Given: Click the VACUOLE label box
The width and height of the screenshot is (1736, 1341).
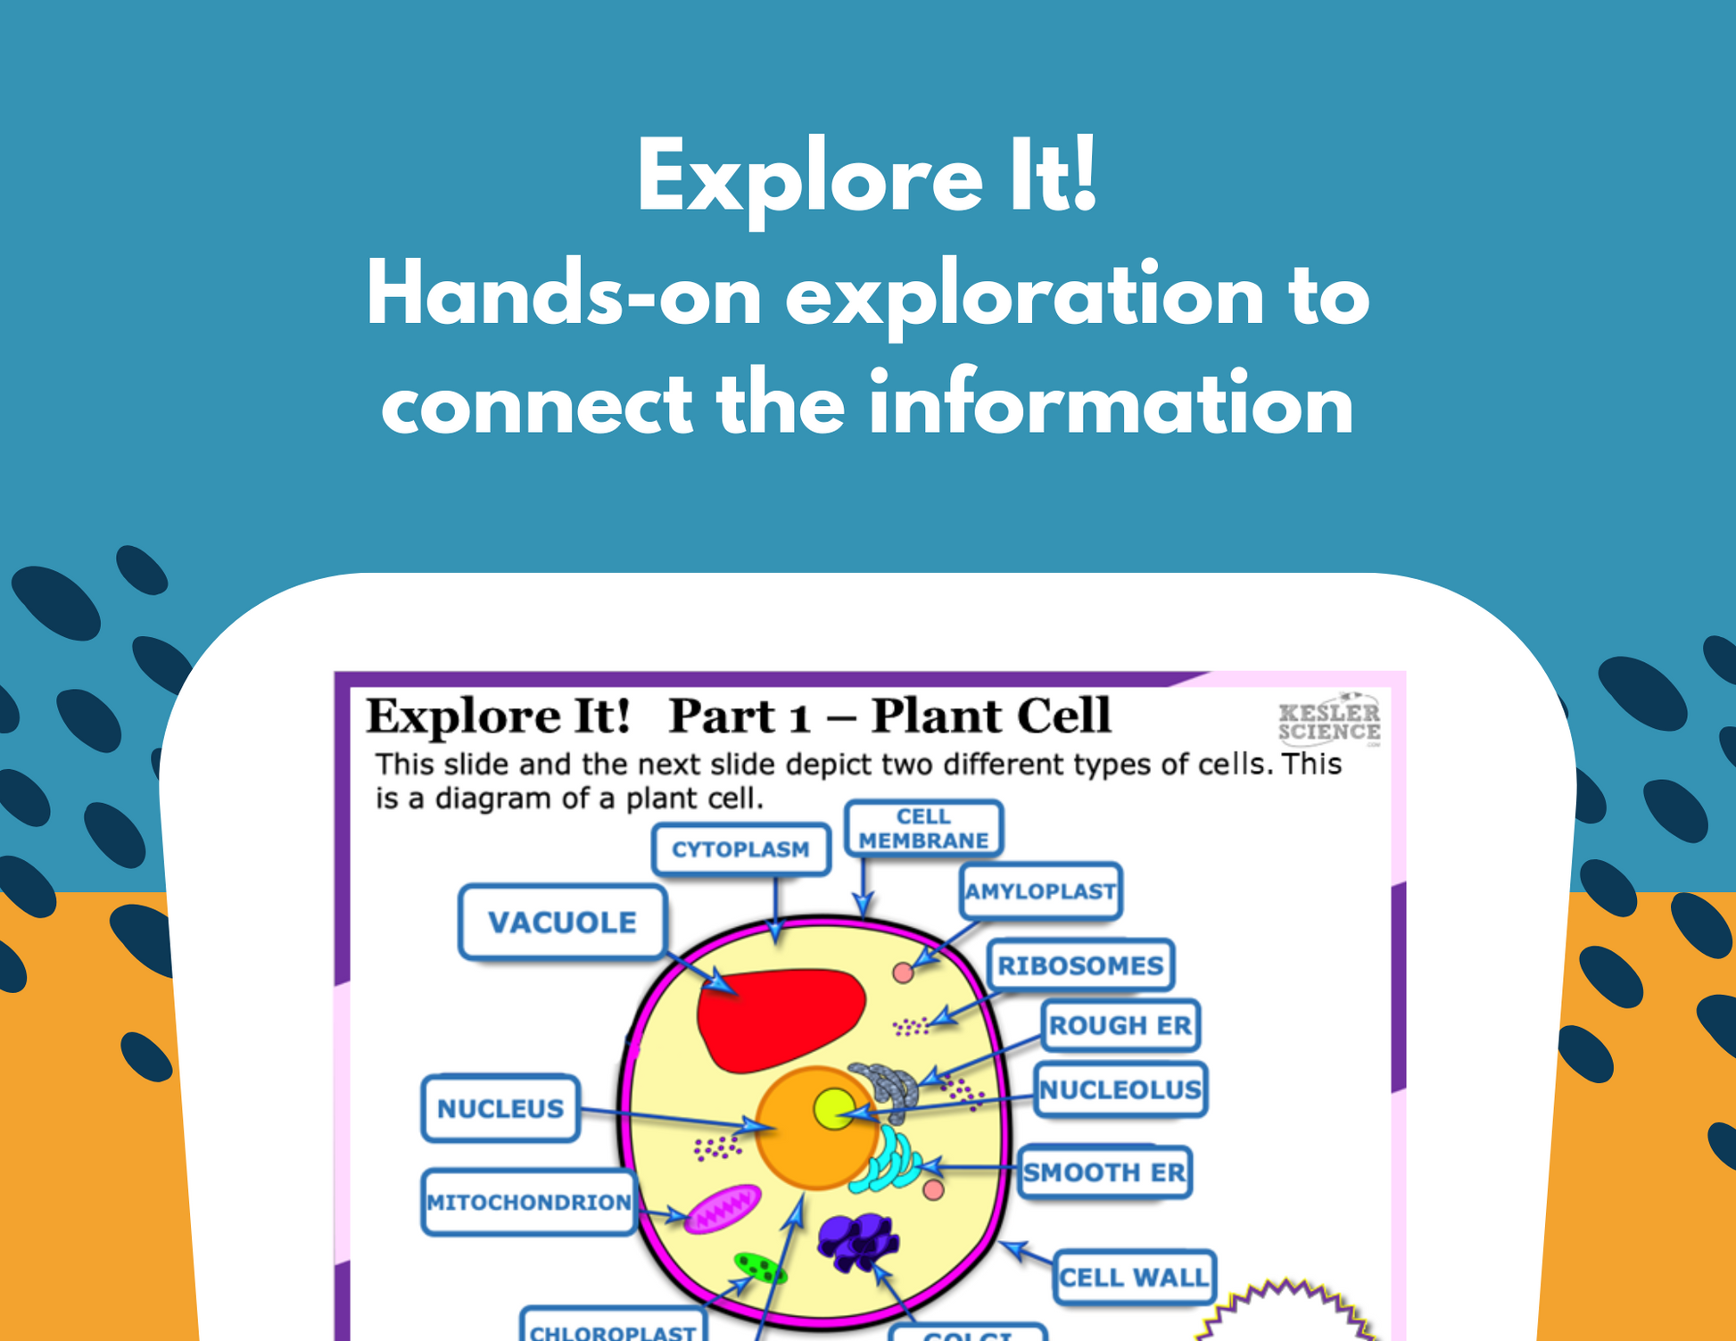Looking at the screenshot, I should [x=562, y=923].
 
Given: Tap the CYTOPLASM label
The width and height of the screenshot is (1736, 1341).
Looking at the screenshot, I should [x=740, y=849].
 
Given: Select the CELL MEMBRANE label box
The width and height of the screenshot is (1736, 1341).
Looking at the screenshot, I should [x=923, y=829].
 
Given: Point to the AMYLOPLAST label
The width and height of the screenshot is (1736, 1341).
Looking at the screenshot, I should [x=1040, y=891].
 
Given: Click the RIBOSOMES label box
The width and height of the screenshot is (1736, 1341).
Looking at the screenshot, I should [x=1080, y=965].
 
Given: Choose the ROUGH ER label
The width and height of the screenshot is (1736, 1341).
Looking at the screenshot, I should [x=1120, y=1026].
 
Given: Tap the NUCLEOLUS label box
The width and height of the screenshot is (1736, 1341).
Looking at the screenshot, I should [x=1120, y=1089].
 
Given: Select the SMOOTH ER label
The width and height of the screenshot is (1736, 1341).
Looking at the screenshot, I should [x=1104, y=1172].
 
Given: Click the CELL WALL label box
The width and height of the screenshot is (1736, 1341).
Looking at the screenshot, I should [x=1134, y=1278].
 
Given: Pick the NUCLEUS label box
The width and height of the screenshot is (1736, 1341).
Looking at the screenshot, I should [x=500, y=1108].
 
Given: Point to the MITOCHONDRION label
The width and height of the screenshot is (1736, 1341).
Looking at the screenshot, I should [x=528, y=1203].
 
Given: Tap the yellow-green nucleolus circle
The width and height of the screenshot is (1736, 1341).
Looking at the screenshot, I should [x=834, y=1109].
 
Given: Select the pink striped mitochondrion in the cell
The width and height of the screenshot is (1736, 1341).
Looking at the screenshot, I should [x=723, y=1209].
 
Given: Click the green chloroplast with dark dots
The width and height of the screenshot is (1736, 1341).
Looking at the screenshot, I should [x=759, y=1267].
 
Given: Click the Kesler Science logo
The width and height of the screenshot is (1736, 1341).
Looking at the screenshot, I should [x=1328, y=719].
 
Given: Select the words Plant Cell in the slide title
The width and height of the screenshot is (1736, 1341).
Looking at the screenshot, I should [x=990, y=716].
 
